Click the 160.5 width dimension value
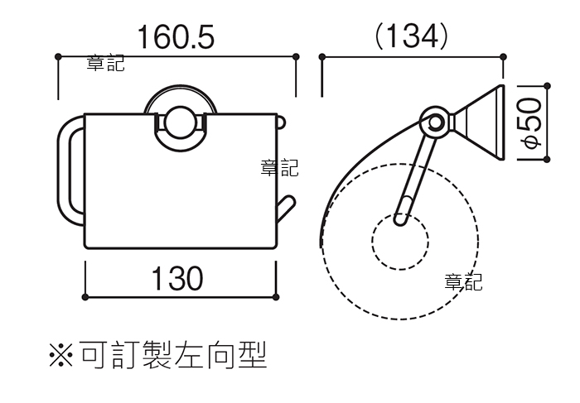pos(176,37)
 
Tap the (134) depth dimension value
pos(411,36)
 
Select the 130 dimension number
pos(177,278)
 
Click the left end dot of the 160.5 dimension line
pos(58,56)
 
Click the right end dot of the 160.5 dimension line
pos(296,56)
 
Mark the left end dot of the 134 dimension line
pos(322,57)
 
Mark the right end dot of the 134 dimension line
pos(503,57)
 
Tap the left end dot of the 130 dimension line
pos(85,296)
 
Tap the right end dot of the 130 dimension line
pos(276,296)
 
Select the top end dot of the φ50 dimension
pos(548,86)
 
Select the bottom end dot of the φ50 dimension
pos(548,159)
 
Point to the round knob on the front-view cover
pos(180,123)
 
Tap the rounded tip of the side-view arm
pos(400,221)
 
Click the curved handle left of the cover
pos(64,170)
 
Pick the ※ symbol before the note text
pos(61,355)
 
